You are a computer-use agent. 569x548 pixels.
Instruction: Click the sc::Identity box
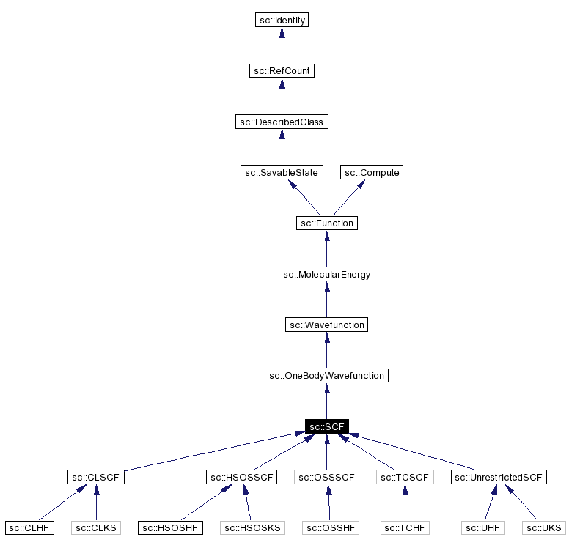[x=282, y=21]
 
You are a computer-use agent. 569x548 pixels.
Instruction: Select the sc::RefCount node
[x=282, y=71]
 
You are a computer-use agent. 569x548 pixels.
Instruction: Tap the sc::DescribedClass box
[x=282, y=122]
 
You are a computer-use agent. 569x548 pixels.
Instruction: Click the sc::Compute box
[x=372, y=172]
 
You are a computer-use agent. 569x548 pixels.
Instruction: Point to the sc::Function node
[x=327, y=223]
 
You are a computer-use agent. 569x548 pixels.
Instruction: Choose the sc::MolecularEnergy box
[x=327, y=274]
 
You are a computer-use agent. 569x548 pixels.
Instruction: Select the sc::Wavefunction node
[x=327, y=325]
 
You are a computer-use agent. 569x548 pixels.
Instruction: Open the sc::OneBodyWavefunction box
[x=327, y=376]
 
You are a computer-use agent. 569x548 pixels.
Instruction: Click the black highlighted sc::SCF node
[x=327, y=426]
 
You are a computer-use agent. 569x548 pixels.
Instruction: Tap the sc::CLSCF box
[x=95, y=478]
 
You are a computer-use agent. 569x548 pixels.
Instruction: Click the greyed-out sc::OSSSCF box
[x=327, y=478]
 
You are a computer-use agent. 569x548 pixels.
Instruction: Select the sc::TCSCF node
[x=405, y=478]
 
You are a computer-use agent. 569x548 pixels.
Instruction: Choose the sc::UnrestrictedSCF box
[x=499, y=478]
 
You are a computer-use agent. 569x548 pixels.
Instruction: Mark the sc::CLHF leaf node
[x=29, y=527]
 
